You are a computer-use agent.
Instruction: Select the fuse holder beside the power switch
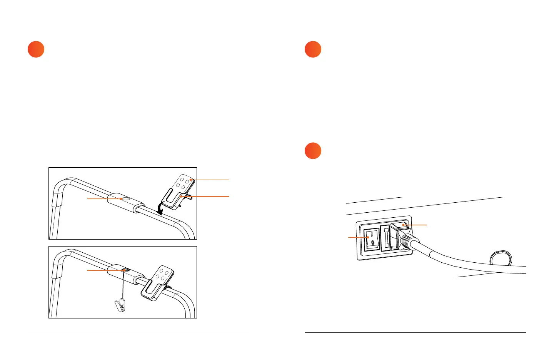tap(385, 238)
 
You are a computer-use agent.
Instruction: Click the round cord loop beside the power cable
tap(501, 258)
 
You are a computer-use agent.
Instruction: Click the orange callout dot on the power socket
tap(403, 225)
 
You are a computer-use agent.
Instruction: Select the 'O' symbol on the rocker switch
tap(372, 243)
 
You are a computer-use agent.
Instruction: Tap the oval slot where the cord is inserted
tap(124, 270)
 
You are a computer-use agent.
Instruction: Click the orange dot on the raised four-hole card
tap(190, 180)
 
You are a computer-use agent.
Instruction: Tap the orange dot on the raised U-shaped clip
tap(180, 197)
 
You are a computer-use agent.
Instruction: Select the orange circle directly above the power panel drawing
tap(313, 151)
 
